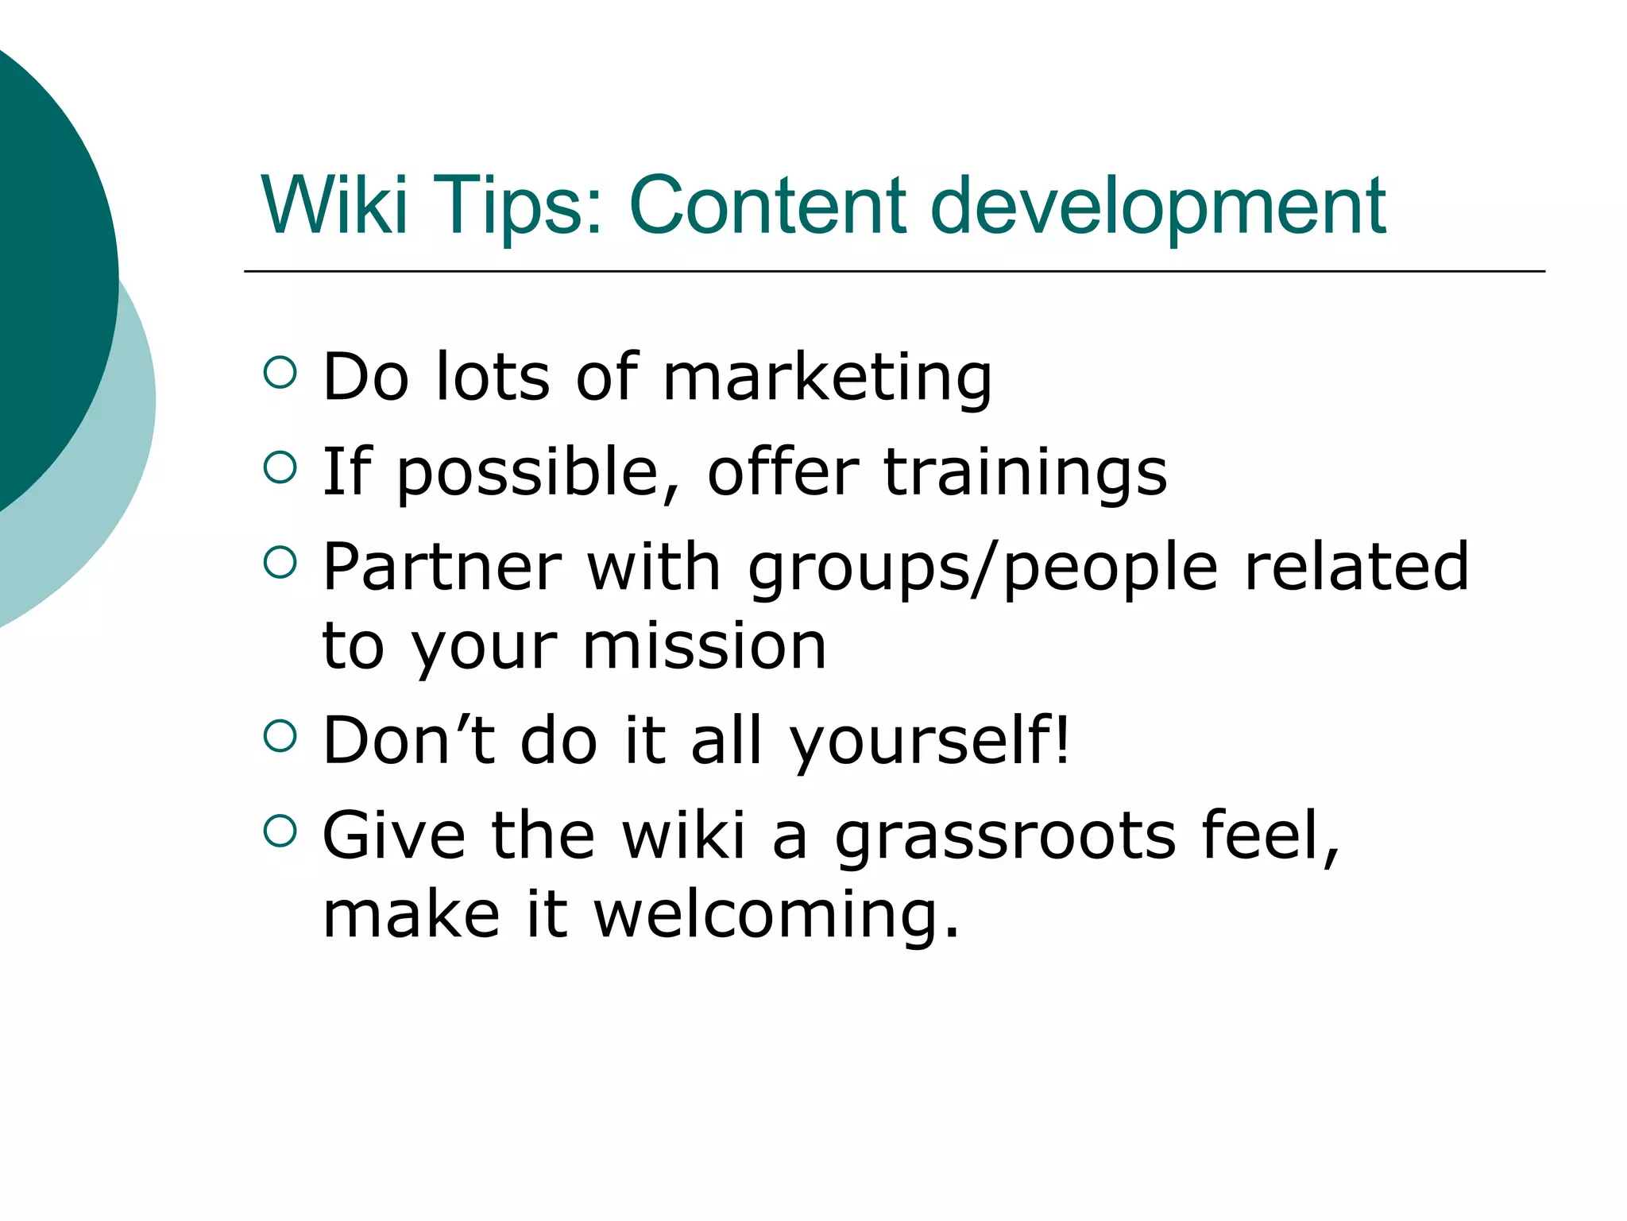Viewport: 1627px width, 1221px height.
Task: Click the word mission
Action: (x=705, y=646)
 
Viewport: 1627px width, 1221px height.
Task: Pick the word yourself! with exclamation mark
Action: (x=929, y=742)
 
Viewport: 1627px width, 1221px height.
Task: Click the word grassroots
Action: (x=1005, y=836)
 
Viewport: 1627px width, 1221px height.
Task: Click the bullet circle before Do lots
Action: (x=280, y=372)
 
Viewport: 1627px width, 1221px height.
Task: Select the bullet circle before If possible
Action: (x=280, y=467)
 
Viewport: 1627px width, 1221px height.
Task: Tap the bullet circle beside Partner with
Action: (x=280, y=562)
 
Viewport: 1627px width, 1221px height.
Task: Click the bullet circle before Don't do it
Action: (x=280, y=735)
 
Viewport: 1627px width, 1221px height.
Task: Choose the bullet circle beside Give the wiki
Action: (x=280, y=831)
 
